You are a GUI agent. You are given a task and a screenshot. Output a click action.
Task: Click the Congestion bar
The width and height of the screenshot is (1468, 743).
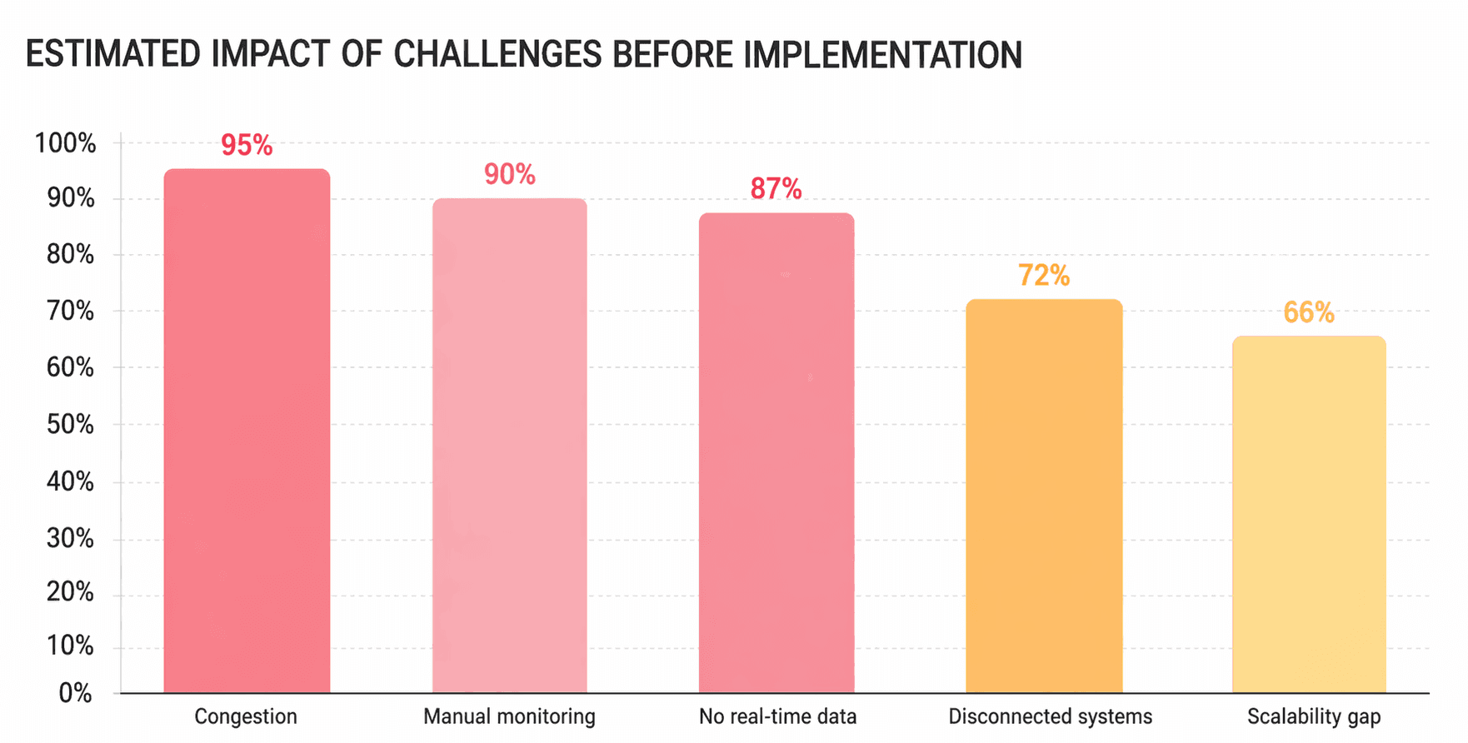tap(247, 431)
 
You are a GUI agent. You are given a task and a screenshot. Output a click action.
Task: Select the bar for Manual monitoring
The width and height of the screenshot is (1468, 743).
tap(510, 446)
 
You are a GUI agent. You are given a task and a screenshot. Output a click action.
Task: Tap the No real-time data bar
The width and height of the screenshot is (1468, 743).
tap(776, 453)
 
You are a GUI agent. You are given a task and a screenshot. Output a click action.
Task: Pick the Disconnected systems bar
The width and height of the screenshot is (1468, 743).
tap(1044, 496)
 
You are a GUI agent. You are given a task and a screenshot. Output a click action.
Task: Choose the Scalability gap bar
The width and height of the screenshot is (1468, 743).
tap(1309, 515)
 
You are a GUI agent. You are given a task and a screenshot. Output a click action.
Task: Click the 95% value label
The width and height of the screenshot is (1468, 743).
tap(247, 146)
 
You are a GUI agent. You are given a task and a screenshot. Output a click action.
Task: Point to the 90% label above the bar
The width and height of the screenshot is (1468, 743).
tap(510, 174)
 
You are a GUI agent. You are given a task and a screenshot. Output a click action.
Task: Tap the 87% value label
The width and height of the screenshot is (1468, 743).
tap(776, 189)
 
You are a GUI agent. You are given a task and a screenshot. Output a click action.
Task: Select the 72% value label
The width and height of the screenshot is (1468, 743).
tap(1044, 276)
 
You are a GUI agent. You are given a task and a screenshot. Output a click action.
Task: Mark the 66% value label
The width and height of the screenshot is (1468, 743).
tap(1309, 313)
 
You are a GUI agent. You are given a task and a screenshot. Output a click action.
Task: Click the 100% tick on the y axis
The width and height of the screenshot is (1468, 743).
tap(65, 143)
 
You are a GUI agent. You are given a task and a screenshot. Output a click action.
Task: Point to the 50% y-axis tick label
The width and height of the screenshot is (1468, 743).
tap(71, 425)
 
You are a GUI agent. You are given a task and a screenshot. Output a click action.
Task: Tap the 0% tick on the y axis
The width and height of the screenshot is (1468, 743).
tap(76, 693)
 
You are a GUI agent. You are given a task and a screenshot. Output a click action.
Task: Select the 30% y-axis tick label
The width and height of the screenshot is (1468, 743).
tap(71, 539)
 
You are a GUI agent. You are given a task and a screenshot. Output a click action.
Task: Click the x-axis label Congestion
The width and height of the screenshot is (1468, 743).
tap(246, 717)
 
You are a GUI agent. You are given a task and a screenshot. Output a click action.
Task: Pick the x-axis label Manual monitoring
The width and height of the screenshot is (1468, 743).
tap(510, 717)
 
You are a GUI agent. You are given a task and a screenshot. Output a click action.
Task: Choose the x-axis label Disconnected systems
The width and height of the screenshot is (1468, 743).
tap(1051, 717)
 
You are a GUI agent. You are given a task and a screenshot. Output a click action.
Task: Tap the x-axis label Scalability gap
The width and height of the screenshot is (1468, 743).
tap(1314, 717)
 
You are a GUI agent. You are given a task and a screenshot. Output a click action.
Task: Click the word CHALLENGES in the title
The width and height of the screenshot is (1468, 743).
tap(497, 55)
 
